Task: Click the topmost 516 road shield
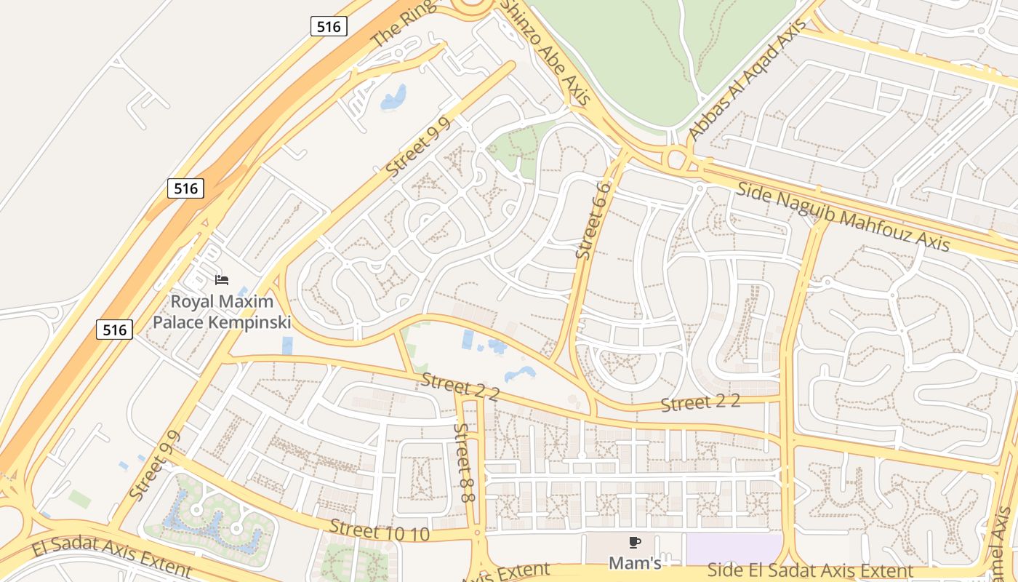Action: coord(329,27)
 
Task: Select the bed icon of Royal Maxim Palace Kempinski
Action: coord(222,279)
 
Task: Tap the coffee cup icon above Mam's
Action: coord(634,542)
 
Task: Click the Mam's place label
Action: coord(634,563)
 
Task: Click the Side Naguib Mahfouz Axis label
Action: coord(843,217)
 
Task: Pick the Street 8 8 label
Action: coord(463,462)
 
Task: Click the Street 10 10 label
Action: coord(379,530)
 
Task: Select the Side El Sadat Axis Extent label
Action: coord(809,570)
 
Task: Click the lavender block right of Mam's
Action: coord(733,548)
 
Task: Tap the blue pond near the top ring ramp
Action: coord(393,97)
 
